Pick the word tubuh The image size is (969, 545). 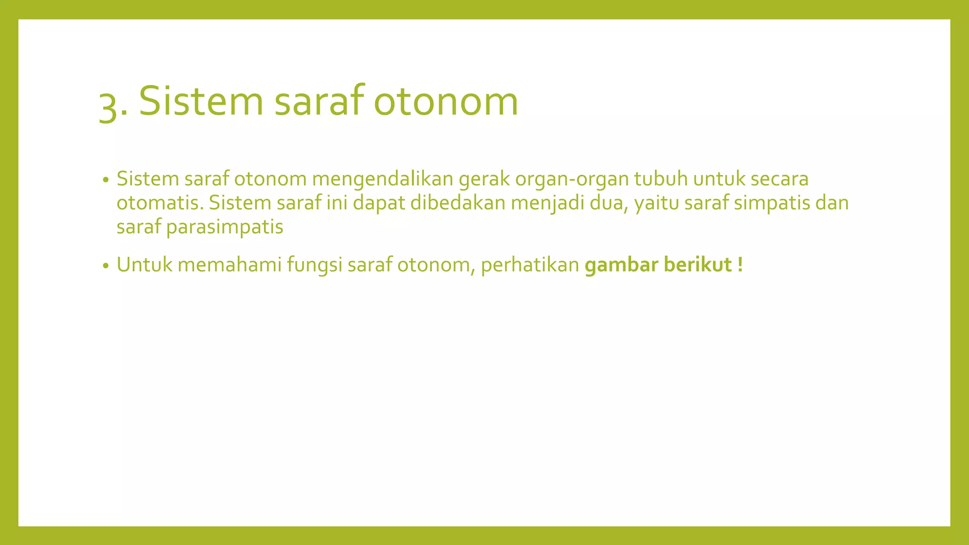pyautogui.click(x=661, y=179)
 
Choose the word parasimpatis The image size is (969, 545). pyautogui.click(x=225, y=227)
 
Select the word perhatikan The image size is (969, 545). pyautogui.click(x=530, y=264)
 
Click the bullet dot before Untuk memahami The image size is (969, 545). pyautogui.click(x=106, y=265)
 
